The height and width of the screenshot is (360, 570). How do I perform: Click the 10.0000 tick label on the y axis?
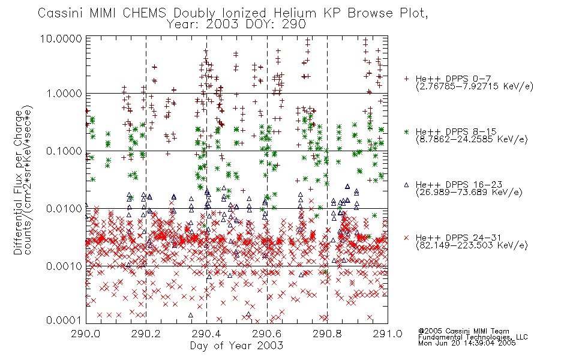click(x=61, y=38)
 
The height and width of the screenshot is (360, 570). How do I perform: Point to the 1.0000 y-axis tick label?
click(x=64, y=94)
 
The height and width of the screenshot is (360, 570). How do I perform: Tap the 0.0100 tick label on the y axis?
click(x=64, y=209)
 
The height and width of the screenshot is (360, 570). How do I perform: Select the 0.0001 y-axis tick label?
click(x=64, y=320)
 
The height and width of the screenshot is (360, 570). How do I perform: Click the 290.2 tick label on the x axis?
click(x=146, y=334)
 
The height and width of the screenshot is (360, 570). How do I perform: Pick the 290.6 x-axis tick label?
click(x=267, y=334)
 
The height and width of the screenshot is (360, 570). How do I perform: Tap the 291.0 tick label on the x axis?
click(x=388, y=334)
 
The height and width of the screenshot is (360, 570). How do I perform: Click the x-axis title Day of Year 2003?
click(x=236, y=346)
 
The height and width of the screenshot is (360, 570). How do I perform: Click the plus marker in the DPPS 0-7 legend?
click(x=406, y=79)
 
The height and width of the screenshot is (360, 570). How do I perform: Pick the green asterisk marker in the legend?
click(x=406, y=132)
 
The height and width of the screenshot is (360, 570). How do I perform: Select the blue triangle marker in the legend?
click(x=406, y=185)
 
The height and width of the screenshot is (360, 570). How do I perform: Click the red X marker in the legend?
click(x=406, y=238)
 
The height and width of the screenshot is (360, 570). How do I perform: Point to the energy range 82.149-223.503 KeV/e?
click(x=472, y=245)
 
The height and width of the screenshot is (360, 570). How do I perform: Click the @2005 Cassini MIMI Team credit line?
click(x=463, y=331)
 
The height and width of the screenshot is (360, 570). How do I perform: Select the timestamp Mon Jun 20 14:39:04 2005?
click(x=467, y=343)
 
